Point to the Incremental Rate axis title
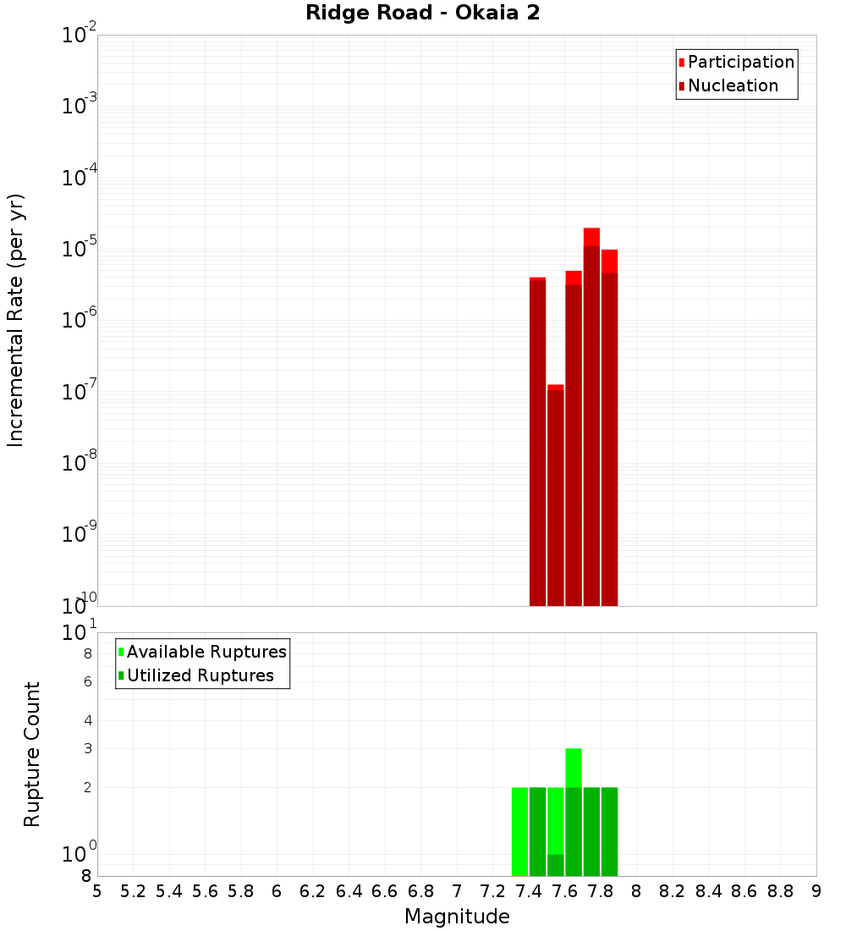pos(15,320)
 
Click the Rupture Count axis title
pos(32,754)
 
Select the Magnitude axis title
pos(457,917)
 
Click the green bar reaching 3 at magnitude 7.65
pos(574,812)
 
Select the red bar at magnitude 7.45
pos(537,441)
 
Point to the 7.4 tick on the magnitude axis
pos(529,890)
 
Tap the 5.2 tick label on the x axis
pos(134,890)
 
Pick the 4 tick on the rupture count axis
pos(87,720)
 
